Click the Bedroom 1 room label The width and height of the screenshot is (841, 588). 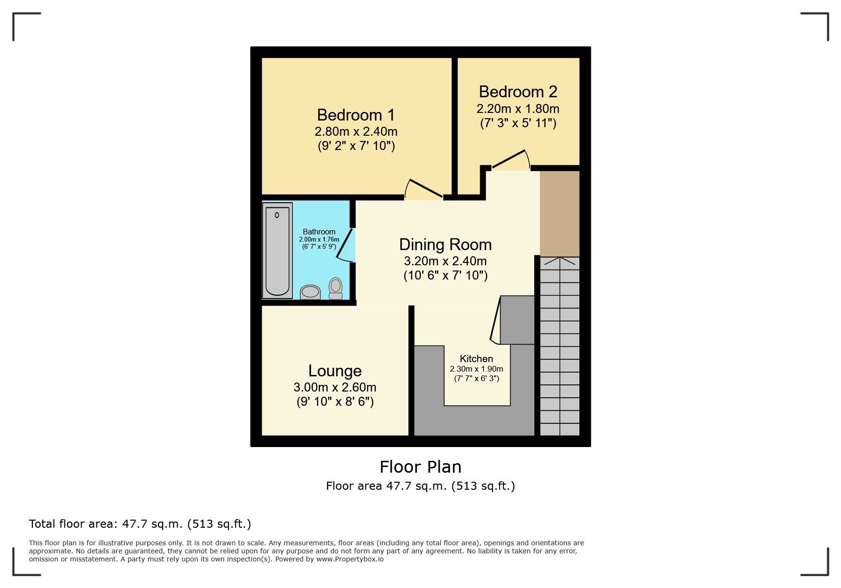(356, 115)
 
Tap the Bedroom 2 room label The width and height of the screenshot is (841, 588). (518, 92)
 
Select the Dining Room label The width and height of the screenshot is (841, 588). (445, 245)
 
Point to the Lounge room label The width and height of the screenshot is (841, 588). (335, 371)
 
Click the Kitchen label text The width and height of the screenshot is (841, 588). (476, 359)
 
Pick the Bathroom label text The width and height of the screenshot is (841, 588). (319, 232)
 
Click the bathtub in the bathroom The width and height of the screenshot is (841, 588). (277, 250)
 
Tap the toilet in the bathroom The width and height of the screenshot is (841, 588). (336, 288)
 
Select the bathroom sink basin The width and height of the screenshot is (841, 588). (310, 292)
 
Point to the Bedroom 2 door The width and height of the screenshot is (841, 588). (510, 159)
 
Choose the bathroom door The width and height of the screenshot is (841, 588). (346, 245)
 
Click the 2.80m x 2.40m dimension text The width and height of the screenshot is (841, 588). (356, 131)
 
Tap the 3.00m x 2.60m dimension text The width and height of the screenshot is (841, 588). (335, 387)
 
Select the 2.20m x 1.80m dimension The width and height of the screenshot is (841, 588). (518, 109)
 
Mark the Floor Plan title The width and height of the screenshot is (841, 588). (420, 467)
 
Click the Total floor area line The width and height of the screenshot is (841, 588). (140, 524)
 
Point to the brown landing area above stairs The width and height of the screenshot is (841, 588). (560, 214)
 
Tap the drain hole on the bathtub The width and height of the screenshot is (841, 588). (277, 215)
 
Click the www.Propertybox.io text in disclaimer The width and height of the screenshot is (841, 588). (350, 559)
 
